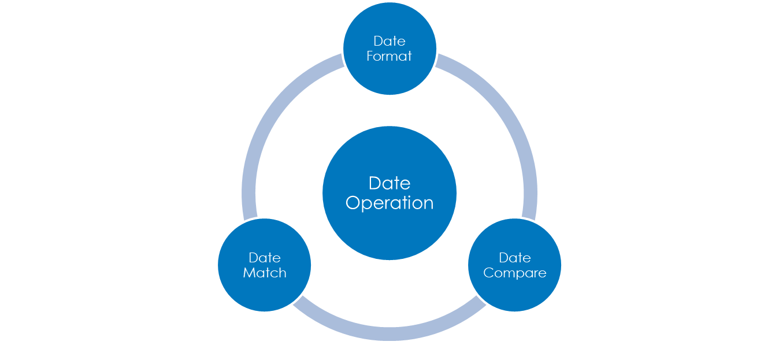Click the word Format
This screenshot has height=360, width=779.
point(390,57)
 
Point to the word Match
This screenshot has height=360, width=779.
point(265,273)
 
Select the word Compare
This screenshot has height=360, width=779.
point(515,273)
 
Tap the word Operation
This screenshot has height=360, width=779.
point(390,203)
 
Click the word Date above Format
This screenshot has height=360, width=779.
point(390,41)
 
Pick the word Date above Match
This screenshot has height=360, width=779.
point(265,258)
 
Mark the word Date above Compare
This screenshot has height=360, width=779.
point(515,258)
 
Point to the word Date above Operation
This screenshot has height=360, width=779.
point(390,183)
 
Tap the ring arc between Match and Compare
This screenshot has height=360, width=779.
point(390,334)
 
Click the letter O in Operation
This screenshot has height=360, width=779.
point(353,203)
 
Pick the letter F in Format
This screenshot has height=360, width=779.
point(370,57)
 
